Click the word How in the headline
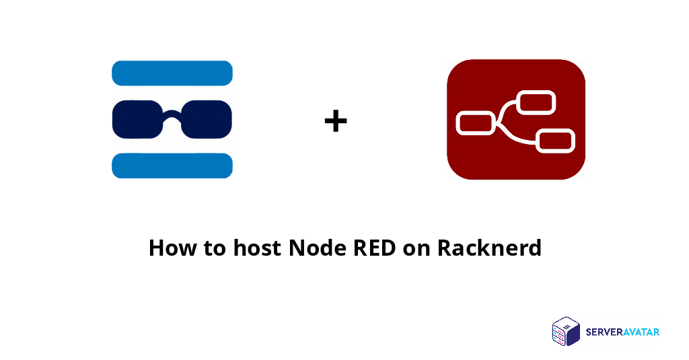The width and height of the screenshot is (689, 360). pos(169,248)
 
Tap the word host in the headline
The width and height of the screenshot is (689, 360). pos(258,248)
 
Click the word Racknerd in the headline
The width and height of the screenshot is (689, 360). pos(489,248)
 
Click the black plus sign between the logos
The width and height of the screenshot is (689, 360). pos(336,122)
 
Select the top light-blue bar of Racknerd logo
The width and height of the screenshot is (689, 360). pos(172,73)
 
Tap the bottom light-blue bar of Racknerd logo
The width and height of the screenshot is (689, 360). pos(172,166)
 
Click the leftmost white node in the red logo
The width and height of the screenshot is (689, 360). pos(476,123)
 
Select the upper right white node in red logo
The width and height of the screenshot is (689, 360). pos(536,102)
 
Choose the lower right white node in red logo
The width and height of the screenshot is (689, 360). pos(555,140)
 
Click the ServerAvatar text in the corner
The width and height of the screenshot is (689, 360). pos(622,331)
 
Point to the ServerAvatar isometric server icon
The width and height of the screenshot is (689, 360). pos(566,332)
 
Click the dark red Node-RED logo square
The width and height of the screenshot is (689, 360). pos(516,74)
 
